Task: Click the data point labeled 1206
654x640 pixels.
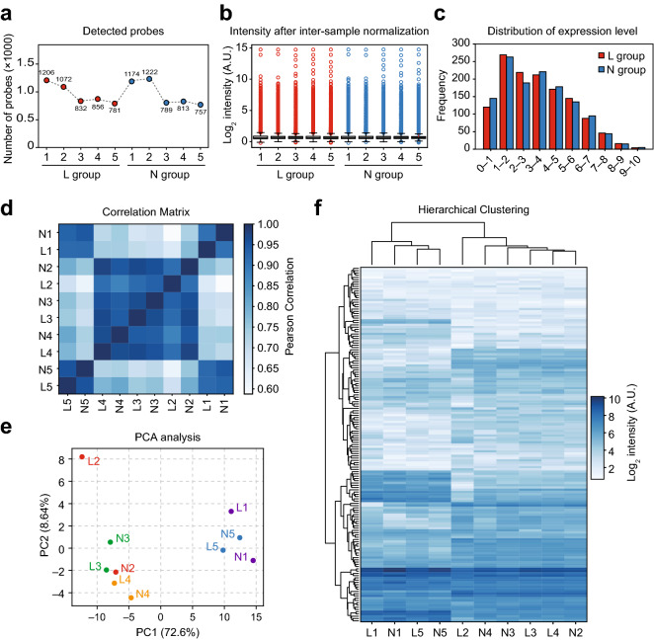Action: point(46,80)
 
